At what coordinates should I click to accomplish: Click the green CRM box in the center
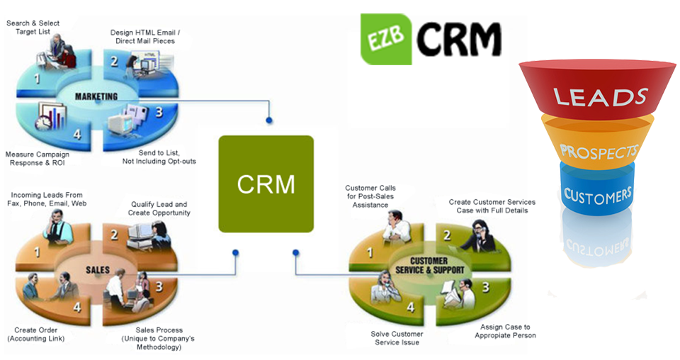(266, 184)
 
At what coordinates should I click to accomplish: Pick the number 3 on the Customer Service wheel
(485, 288)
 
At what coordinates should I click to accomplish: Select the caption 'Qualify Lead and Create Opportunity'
(159, 208)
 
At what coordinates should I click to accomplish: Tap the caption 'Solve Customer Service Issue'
(397, 338)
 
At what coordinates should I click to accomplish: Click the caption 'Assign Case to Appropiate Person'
(505, 331)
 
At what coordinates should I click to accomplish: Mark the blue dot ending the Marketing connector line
(269, 120)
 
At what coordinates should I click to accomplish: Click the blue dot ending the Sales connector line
(235, 252)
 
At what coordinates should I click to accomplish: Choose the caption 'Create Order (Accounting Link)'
(36, 334)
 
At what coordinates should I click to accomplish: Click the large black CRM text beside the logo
(458, 39)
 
